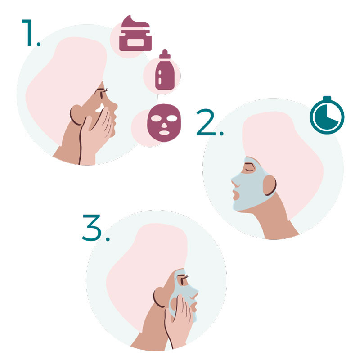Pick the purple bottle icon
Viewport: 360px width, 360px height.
pyautogui.click(x=165, y=70)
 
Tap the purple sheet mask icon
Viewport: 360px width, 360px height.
pyautogui.click(x=164, y=123)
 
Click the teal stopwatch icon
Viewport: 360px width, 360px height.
pyautogui.click(x=327, y=115)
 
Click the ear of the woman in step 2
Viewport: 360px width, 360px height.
pyautogui.click(x=270, y=185)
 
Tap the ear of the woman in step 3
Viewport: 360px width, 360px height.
pyautogui.click(x=160, y=297)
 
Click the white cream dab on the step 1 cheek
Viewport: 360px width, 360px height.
pyautogui.click(x=100, y=108)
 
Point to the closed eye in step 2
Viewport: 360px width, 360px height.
pyautogui.click(x=250, y=170)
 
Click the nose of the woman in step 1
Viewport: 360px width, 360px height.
pyautogui.click(x=114, y=106)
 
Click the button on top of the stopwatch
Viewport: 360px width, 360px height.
pyautogui.click(x=327, y=98)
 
